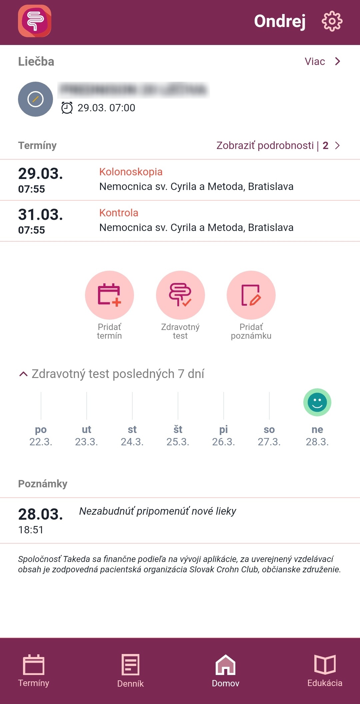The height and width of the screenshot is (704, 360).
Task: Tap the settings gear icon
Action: [x=332, y=21]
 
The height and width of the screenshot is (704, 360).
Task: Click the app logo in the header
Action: [x=35, y=21]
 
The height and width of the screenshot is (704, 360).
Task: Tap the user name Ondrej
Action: [x=280, y=21]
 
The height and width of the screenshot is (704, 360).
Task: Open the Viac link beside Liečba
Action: [x=322, y=62]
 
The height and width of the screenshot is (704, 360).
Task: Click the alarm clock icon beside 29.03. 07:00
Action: [x=67, y=108]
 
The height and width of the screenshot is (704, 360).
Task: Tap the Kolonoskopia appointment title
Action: [x=131, y=172]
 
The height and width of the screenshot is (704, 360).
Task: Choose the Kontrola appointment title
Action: [x=119, y=213]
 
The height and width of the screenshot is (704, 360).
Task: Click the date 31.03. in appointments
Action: [x=40, y=215]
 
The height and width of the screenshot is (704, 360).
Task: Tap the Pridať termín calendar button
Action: [x=109, y=295]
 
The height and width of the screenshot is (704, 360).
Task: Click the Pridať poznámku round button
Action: [x=251, y=295]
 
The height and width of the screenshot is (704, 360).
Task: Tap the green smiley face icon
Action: [x=317, y=402]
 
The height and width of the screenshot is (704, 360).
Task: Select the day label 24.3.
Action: [x=132, y=442]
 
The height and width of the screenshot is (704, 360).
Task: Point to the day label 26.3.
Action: [x=223, y=442]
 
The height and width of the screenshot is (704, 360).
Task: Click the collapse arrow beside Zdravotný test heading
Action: [x=23, y=374]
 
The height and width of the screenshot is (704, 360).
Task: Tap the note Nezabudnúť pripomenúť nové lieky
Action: [x=157, y=511]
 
